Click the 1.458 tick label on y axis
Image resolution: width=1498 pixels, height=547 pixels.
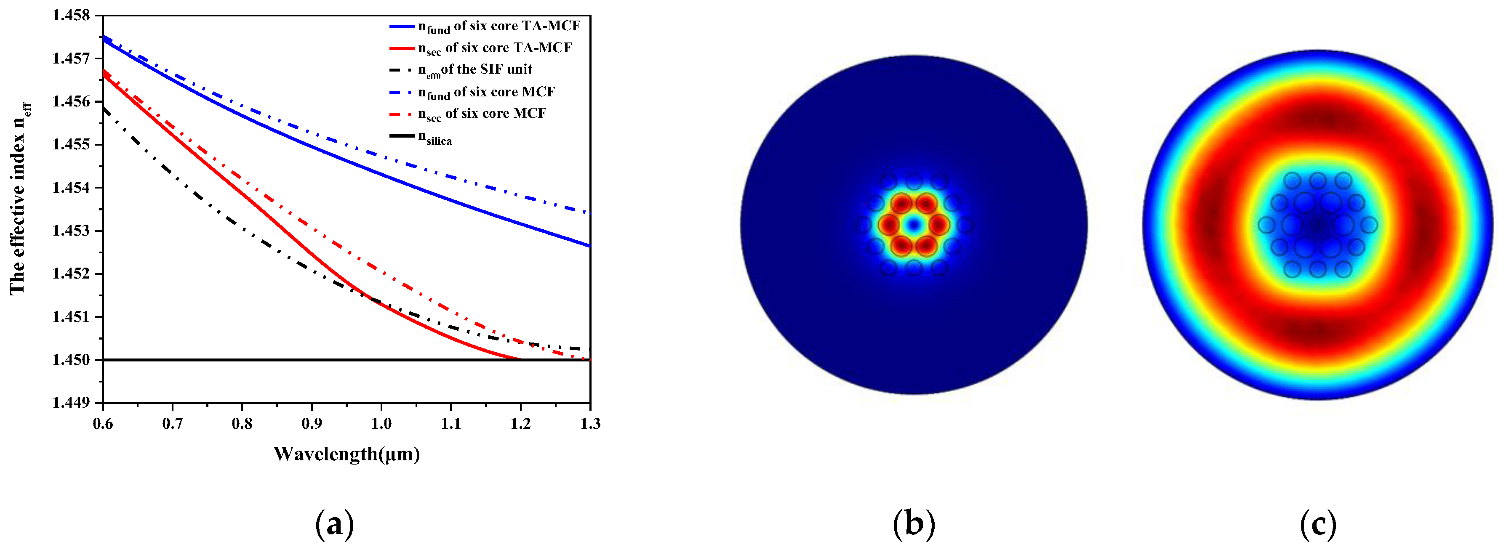[x=72, y=16]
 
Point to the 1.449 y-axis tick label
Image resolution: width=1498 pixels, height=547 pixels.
[x=72, y=403]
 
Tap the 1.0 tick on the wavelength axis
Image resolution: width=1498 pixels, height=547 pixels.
[x=381, y=424]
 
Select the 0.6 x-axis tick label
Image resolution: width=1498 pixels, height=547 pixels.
[x=103, y=424]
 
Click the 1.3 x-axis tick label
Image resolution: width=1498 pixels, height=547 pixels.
[x=590, y=424]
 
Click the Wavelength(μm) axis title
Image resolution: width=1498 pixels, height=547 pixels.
[x=347, y=454]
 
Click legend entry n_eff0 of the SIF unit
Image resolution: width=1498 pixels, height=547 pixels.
[x=474, y=70]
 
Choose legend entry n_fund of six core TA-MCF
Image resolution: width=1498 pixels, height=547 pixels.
[x=498, y=26]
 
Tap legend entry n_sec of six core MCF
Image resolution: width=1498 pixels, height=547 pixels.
[x=482, y=114]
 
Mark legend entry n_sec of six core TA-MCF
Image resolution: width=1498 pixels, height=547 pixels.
[x=494, y=48]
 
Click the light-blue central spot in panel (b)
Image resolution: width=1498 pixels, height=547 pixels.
[x=914, y=224]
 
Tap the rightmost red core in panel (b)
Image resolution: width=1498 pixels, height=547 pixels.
[x=938, y=224]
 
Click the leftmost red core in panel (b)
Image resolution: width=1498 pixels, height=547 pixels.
[x=888, y=224]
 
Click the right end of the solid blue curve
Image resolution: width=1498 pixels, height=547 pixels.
[x=589, y=245]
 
